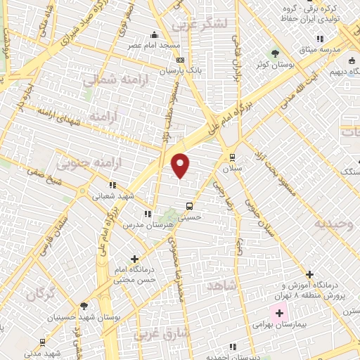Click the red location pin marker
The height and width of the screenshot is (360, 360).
click(181, 165)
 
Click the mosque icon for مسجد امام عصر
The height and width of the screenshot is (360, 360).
click(154, 35)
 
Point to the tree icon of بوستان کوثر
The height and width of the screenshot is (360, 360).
click(275, 53)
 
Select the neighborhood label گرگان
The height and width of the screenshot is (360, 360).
click(40, 294)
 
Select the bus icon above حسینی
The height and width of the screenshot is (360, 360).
click(189, 206)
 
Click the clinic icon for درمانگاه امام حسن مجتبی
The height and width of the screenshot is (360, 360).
click(134, 259)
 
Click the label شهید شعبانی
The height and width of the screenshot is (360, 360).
click(112, 198)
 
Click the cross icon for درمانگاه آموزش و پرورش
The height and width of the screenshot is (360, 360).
click(310, 274)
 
